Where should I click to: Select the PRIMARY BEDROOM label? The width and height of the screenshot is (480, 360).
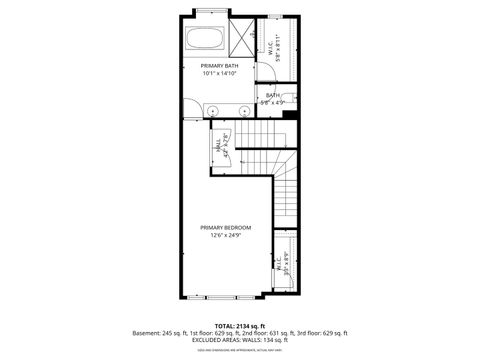coord(225,228)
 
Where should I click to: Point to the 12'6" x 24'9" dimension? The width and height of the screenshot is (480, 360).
coord(225,236)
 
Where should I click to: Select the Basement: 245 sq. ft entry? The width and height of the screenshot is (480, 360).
coord(166,333)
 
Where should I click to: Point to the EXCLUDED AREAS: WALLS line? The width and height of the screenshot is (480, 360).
coord(238,340)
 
